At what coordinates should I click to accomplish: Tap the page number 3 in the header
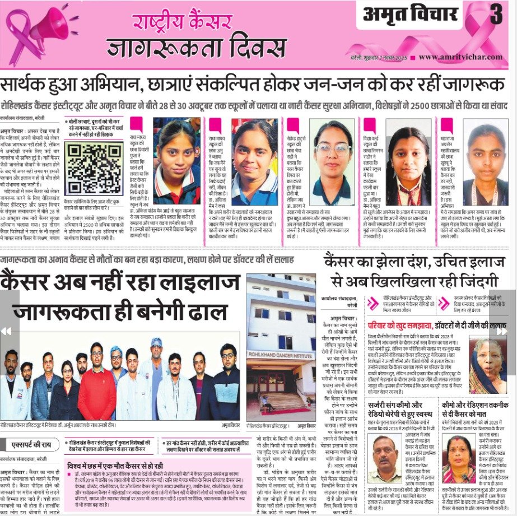click(496, 16)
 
